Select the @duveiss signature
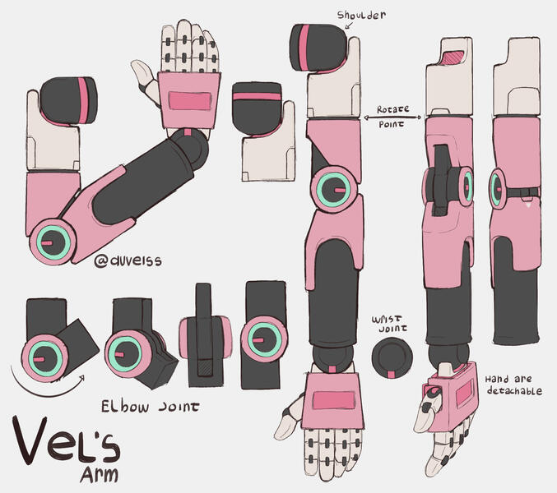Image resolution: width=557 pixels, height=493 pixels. [x=128, y=260]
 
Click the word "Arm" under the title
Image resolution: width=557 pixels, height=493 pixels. [x=99, y=474]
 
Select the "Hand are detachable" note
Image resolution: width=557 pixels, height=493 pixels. [x=513, y=385]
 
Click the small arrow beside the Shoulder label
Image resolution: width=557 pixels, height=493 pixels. [x=348, y=28]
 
